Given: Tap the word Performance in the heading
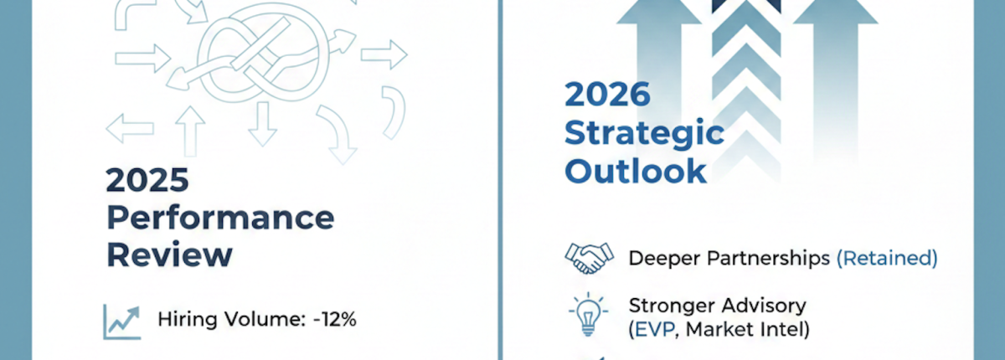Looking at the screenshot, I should point(220,219).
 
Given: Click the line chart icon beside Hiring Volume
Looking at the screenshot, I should point(120,321).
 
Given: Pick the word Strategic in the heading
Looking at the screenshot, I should point(643,134).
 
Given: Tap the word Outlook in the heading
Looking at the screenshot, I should point(635,170).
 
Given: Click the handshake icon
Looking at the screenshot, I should point(589,258).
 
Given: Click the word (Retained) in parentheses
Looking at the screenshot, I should point(886,258).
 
